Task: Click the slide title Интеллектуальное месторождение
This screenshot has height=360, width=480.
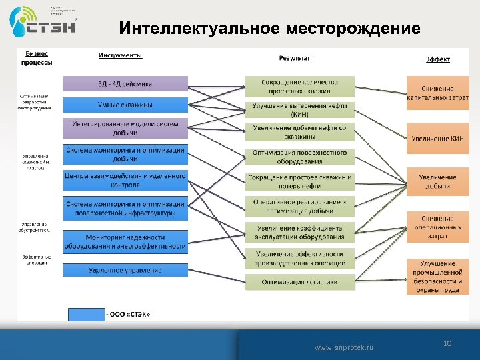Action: pos(269,29)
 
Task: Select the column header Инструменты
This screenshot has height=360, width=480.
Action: pos(120,55)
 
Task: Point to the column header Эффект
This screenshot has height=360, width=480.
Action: pos(437,59)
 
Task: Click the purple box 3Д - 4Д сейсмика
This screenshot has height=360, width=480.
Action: pos(125,84)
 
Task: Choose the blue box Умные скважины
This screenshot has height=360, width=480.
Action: pos(125,105)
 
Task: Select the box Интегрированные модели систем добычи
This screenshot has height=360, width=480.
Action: pos(125,127)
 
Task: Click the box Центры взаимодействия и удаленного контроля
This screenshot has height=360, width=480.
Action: pos(125,180)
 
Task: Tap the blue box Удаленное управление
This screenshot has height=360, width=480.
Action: pos(125,270)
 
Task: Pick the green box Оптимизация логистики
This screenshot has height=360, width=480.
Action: pos(299,282)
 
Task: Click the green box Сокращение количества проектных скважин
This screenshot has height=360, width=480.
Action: pos(299,87)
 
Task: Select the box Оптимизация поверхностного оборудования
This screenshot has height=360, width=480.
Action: pos(299,157)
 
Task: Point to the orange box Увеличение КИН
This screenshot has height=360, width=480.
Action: pos(438,138)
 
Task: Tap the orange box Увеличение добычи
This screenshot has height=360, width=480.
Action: pos(438,181)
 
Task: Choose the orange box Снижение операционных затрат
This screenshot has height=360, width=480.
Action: pos(438,227)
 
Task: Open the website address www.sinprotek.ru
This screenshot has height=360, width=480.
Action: pos(344,348)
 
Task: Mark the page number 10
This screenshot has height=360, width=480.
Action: pos(447,343)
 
